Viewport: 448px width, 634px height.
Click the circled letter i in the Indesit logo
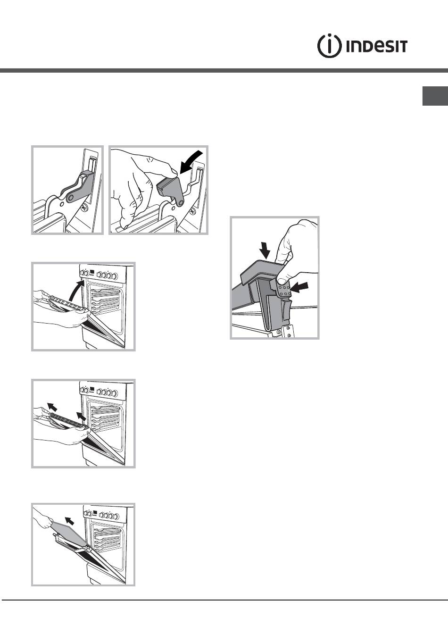tap(329, 46)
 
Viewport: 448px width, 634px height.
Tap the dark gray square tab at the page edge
tap(435, 96)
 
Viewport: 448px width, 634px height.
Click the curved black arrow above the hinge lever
tap(191, 162)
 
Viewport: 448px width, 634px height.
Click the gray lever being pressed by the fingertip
tap(170, 187)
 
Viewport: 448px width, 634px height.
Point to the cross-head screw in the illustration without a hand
tap(84, 209)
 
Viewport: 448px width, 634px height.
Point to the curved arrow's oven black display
tap(92, 272)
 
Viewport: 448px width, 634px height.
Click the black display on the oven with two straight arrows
tap(92, 390)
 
